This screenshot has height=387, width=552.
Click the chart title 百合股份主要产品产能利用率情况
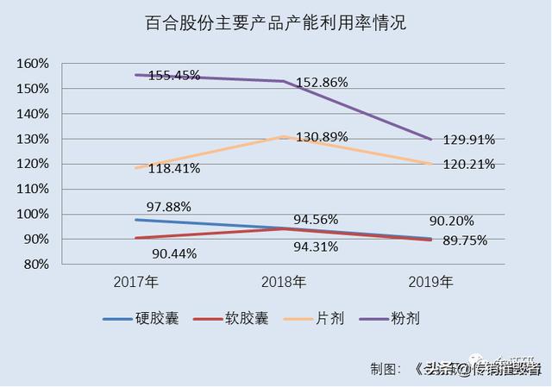click(x=275, y=23)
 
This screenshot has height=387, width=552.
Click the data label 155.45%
click(x=174, y=75)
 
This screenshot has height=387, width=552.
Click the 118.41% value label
click(x=174, y=168)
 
